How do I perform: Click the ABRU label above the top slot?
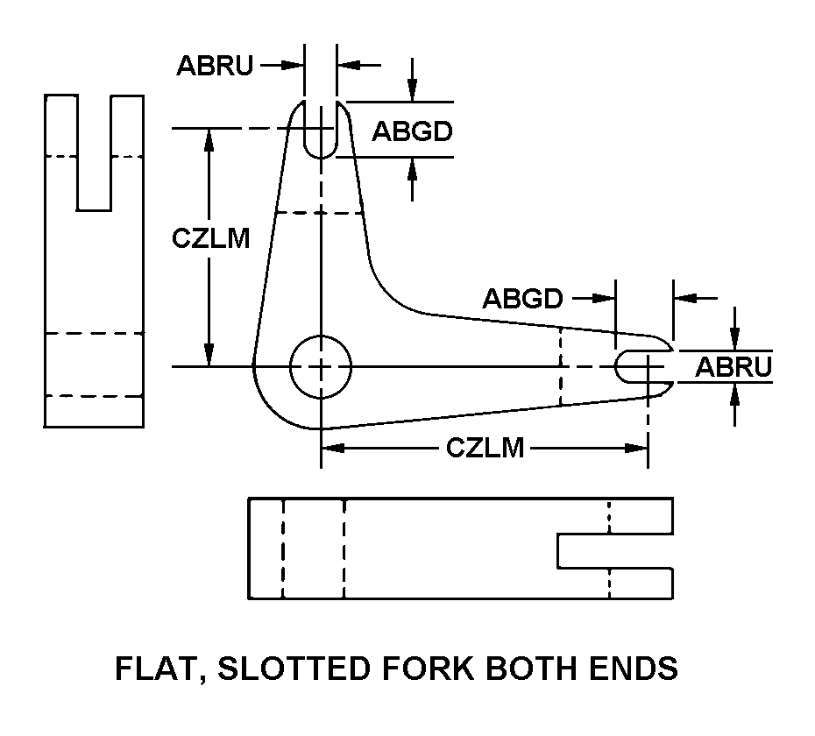pyautogui.click(x=215, y=66)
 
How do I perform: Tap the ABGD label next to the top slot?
pyautogui.click(x=412, y=131)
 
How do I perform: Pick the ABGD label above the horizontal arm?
pyautogui.click(x=522, y=299)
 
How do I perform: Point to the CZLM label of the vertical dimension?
pyautogui.click(x=211, y=238)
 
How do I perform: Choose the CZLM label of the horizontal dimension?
pyautogui.click(x=485, y=448)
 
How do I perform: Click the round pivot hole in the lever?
pyautogui.click(x=320, y=366)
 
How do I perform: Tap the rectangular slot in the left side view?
pyautogui.click(x=94, y=153)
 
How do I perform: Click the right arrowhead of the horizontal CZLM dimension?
pyautogui.click(x=639, y=448)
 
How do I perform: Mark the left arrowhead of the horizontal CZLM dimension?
pyautogui.click(x=330, y=448)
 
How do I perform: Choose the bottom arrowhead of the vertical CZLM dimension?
pyautogui.click(x=209, y=357)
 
